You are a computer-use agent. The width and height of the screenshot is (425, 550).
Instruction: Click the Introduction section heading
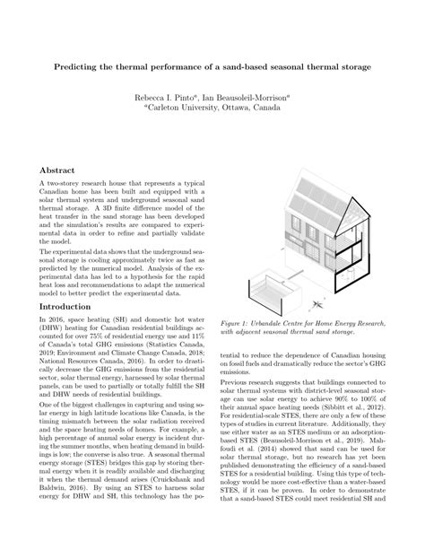(x=72, y=306)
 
